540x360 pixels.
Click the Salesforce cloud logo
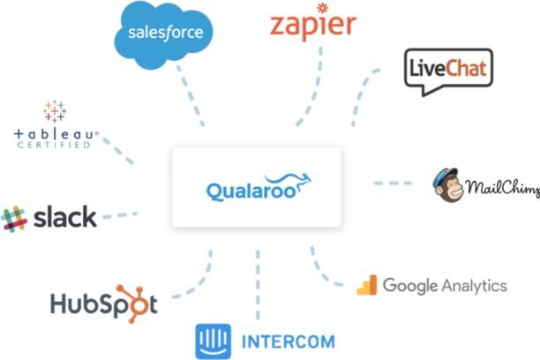pyautogui.click(x=164, y=33)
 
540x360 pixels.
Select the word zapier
pyautogui.click(x=312, y=26)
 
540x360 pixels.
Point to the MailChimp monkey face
pyautogui.click(x=447, y=183)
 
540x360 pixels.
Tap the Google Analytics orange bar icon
pyautogui.click(x=366, y=285)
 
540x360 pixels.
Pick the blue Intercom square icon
pyautogui.click(x=212, y=339)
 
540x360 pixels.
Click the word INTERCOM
pyautogui.click(x=275, y=340)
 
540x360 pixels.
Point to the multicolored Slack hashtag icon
pyautogui.click(x=14, y=218)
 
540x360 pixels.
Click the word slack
pyautogui.click(x=64, y=217)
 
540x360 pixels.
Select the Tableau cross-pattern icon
pyautogui.click(x=55, y=111)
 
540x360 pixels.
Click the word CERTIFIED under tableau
pyautogui.click(x=54, y=145)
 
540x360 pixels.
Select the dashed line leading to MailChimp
pyautogui.click(x=393, y=184)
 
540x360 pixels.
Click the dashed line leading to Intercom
pyautogui.click(x=258, y=282)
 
